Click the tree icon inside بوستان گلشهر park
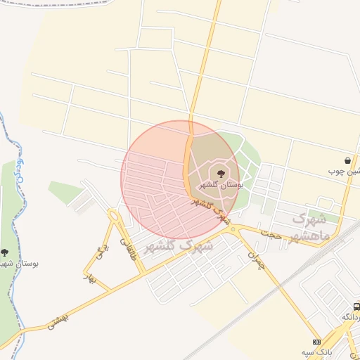pos(221,172)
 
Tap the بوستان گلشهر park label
pos(221,185)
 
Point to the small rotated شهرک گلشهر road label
pos(212,209)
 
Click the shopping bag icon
pos(348,160)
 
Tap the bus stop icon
pos(356,307)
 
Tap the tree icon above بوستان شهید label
pos(4,252)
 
